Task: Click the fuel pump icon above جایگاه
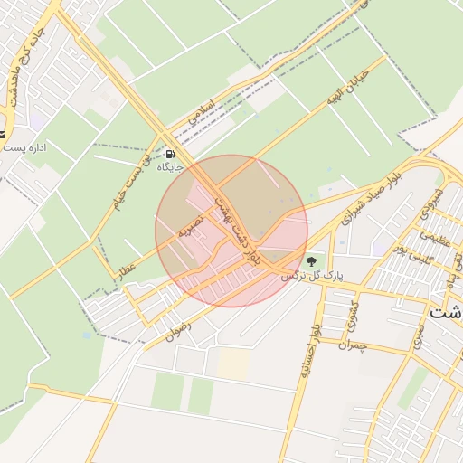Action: tap(171, 153)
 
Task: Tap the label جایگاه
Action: tap(170, 167)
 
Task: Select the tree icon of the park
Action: tap(312, 261)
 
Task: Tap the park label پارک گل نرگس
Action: tap(304, 273)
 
